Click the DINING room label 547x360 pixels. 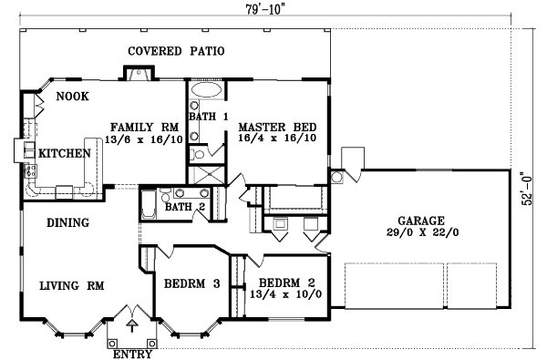click(x=67, y=222)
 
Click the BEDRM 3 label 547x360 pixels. click(x=192, y=284)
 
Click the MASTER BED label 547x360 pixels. click(x=278, y=127)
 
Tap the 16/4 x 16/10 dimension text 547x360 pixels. click(x=278, y=139)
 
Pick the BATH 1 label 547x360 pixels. click(x=209, y=117)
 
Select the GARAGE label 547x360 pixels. click(x=420, y=221)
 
